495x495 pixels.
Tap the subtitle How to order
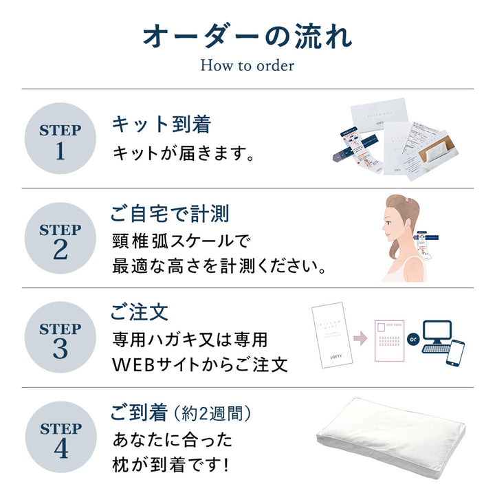247,66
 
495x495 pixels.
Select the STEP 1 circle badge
60,140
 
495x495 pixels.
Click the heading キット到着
161,124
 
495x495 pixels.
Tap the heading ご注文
140,313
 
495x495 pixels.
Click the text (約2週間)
212,414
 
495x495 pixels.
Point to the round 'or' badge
412,339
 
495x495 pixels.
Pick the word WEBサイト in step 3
155,364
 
